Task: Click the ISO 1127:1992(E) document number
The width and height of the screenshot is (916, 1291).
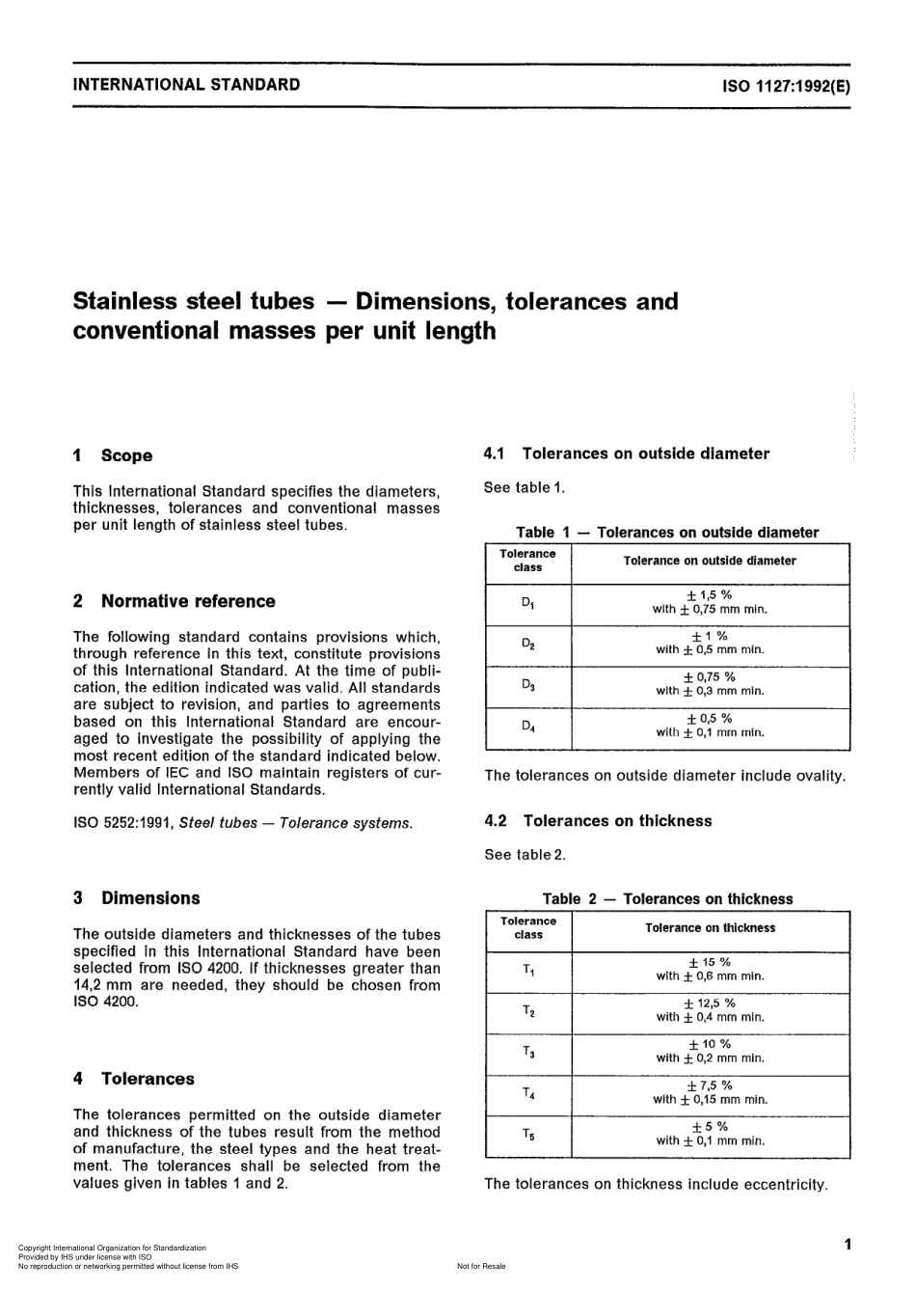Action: (x=786, y=85)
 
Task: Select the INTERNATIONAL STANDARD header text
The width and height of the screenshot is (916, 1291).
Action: (x=186, y=84)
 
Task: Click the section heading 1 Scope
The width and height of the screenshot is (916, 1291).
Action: (x=113, y=455)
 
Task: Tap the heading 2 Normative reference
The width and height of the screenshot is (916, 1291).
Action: (x=175, y=601)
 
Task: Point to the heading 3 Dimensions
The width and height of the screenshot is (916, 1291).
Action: (x=137, y=897)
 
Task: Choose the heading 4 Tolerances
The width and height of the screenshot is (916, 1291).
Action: (x=134, y=1079)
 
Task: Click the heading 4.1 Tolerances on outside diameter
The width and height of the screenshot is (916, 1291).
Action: (x=627, y=453)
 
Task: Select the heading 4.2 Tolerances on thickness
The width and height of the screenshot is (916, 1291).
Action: (x=598, y=821)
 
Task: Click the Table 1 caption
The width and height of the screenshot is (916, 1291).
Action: (x=667, y=532)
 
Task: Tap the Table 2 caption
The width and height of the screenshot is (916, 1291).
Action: (x=667, y=898)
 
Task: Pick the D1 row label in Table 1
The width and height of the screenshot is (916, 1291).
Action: (x=527, y=604)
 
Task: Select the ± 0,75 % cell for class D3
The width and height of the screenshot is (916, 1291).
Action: (x=710, y=683)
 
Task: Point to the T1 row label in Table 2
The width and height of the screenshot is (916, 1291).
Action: (x=528, y=970)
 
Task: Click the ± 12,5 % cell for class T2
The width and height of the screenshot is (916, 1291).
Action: (x=710, y=1009)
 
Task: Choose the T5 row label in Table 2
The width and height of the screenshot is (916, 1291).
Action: (x=528, y=1135)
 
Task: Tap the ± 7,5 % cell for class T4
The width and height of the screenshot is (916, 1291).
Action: (x=710, y=1091)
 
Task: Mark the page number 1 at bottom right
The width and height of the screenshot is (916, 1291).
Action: (x=847, y=1244)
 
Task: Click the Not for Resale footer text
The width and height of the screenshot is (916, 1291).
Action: (x=481, y=1266)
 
